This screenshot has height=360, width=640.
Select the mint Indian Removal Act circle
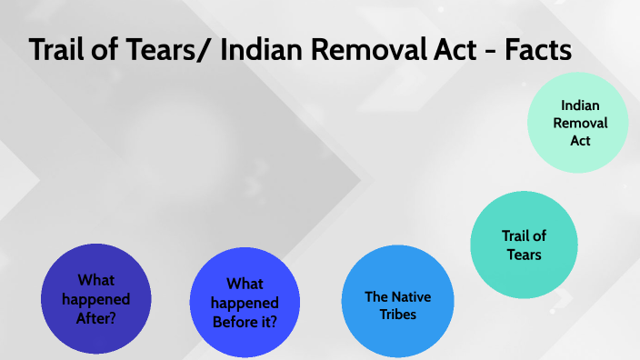tap(580, 124)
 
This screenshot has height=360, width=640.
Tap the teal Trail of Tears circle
tap(524, 245)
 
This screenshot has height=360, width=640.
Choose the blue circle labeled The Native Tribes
tap(397, 305)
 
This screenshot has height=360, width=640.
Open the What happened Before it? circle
tap(245, 303)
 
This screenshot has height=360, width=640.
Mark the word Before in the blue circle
tap(235, 320)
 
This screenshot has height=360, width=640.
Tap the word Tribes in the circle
tap(397, 314)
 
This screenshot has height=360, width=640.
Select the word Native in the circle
tap(411, 296)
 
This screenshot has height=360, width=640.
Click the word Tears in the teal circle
tap(524, 255)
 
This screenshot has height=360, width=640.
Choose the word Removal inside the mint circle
tap(580, 124)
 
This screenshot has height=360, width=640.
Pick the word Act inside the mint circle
tap(580, 141)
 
